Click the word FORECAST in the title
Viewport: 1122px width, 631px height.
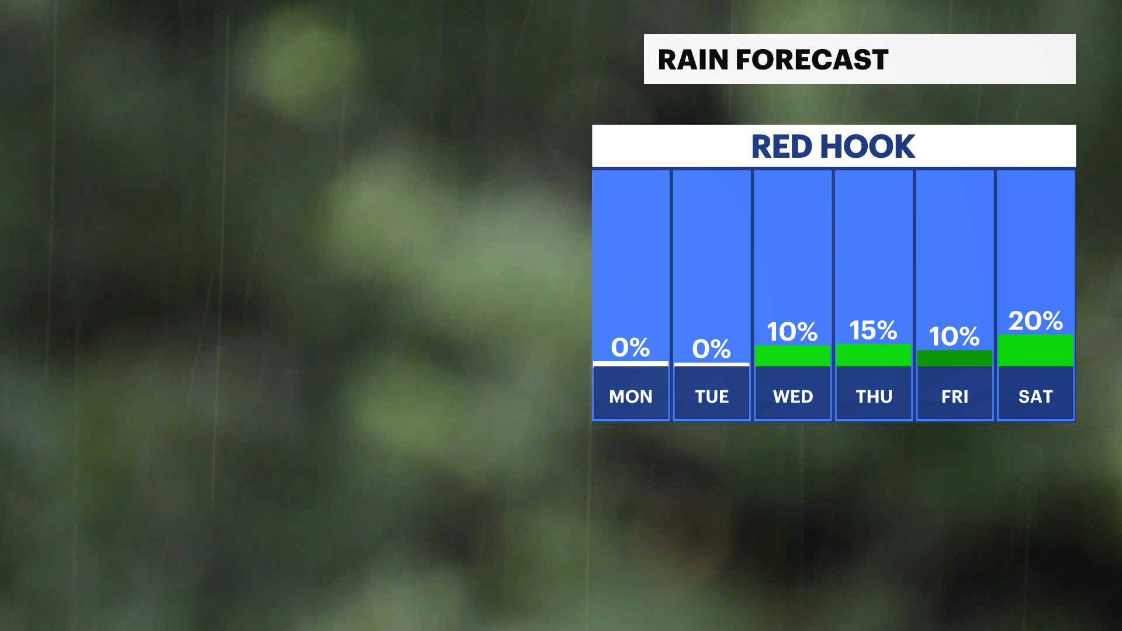point(812,60)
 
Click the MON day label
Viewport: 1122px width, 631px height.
point(631,397)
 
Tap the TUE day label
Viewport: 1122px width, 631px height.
point(712,397)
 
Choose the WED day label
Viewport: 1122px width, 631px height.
point(793,397)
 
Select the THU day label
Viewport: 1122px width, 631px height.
point(874,397)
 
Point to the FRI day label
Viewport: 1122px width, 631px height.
point(955,397)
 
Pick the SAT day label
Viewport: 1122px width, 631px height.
point(1036,397)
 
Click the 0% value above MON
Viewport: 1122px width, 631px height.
point(631,347)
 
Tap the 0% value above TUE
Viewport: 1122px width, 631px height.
point(712,349)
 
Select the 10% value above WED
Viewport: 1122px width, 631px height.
point(792,332)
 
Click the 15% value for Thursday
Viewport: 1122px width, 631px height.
point(874,330)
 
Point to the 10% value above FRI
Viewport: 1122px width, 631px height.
point(954,336)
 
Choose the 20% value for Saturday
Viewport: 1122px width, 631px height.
point(1036,321)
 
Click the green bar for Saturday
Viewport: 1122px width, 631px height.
point(1036,351)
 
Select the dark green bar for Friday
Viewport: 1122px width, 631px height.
point(955,358)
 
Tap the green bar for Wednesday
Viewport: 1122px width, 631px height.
point(793,356)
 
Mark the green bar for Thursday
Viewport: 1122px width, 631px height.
point(874,355)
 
